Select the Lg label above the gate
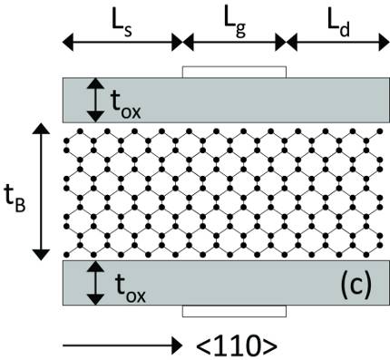234,15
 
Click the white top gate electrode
234,72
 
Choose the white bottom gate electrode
234,311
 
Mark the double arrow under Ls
122,41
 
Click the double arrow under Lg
234,41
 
